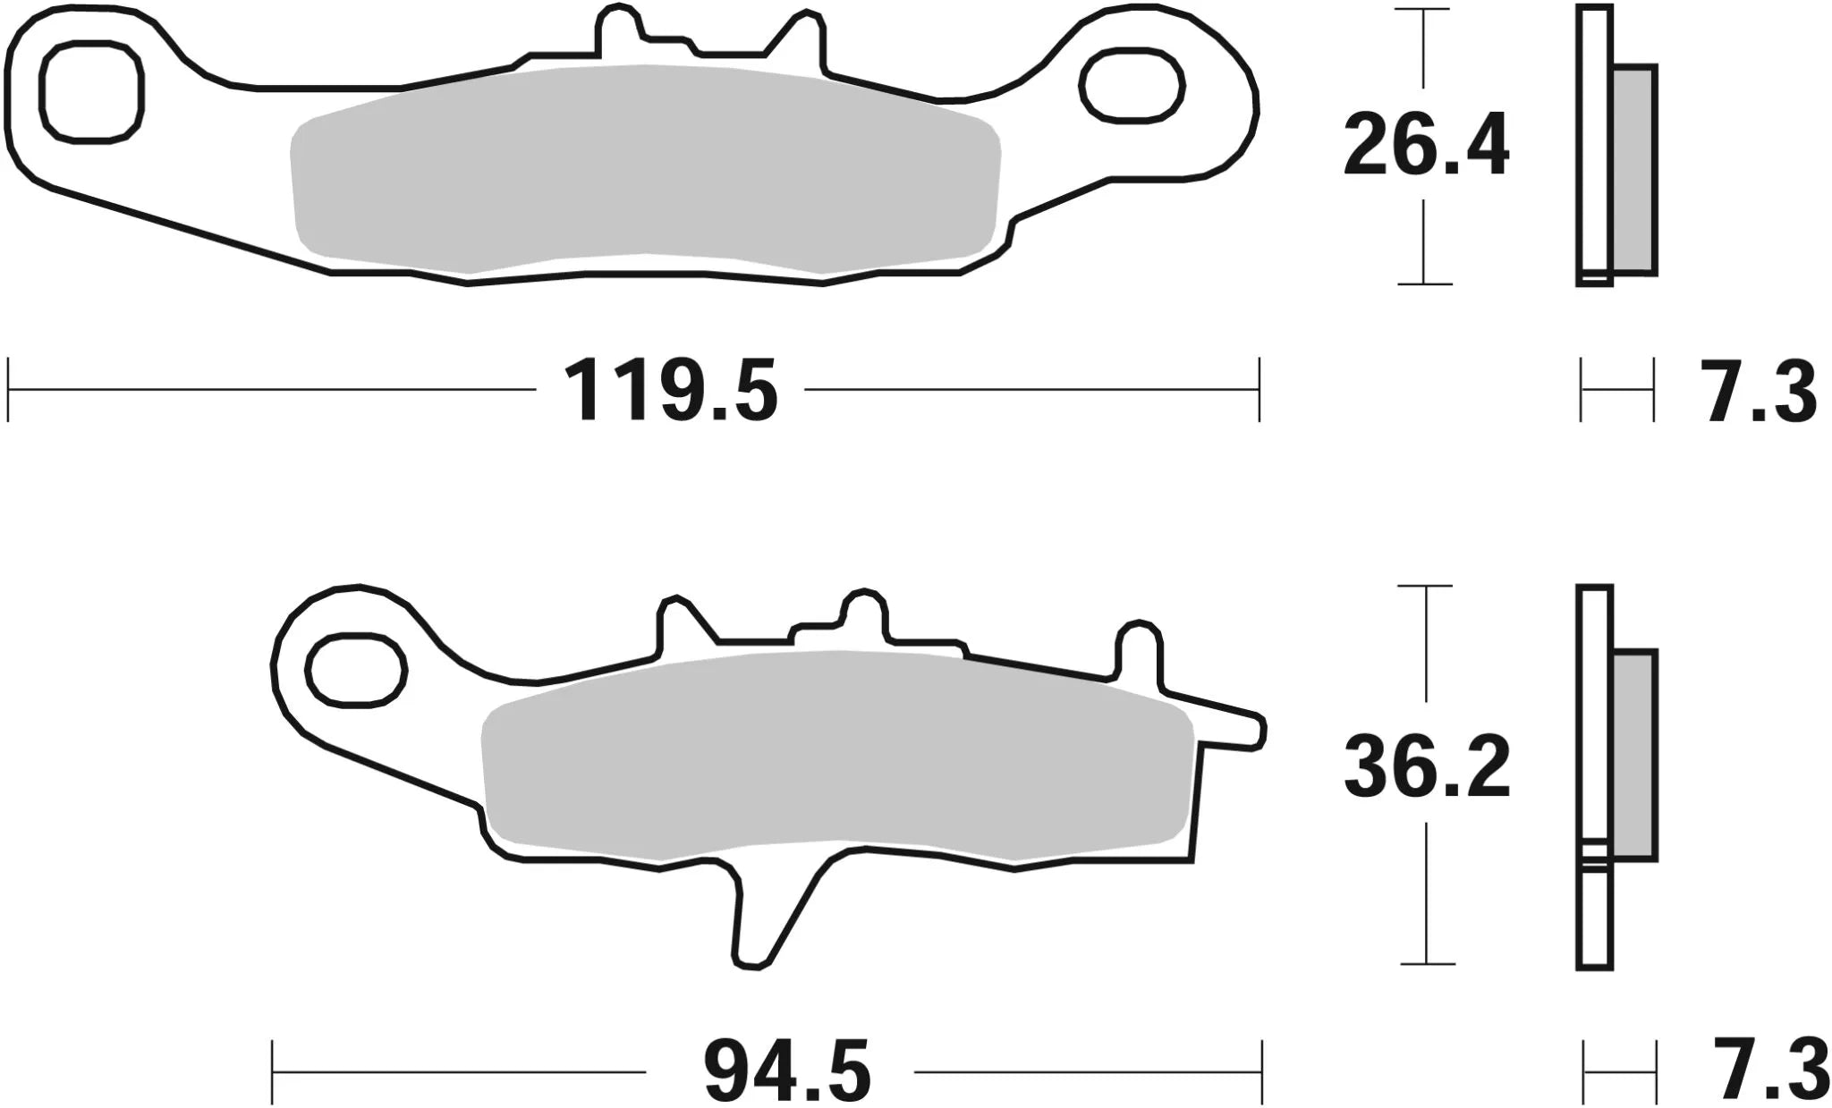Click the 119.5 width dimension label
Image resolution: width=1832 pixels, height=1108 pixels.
click(x=672, y=390)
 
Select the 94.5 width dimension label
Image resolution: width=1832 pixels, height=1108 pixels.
click(x=787, y=1071)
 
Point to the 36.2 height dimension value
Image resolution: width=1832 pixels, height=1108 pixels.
click(x=1426, y=767)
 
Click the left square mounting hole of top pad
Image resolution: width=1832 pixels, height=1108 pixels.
click(x=90, y=90)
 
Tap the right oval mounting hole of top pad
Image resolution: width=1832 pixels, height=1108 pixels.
click(x=1131, y=86)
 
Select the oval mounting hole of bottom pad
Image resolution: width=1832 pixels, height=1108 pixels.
click(x=355, y=668)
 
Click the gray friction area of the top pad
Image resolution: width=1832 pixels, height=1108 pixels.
click(x=644, y=170)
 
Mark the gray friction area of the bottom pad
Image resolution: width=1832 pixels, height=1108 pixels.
click(x=836, y=756)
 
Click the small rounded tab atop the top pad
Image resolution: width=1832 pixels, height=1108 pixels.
click(x=618, y=27)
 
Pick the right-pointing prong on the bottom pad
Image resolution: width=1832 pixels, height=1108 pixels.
click(x=1239, y=729)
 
